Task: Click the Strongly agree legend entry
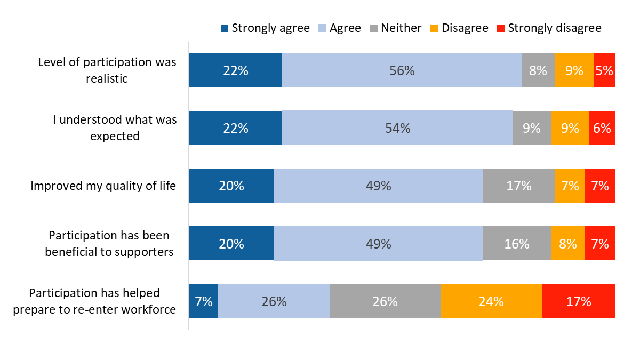click(x=265, y=28)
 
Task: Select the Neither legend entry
click(x=395, y=28)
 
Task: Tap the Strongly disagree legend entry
click(x=549, y=28)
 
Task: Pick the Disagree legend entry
click(x=459, y=28)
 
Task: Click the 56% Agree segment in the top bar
click(x=402, y=70)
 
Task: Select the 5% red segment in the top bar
click(x=604, y=70)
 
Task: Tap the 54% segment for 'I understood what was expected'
click(x=397, y=128)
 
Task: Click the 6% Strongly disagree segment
click(x=602, y=128)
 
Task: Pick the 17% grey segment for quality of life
click(x=519, y=186)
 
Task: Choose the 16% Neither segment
click(x=517, y=244)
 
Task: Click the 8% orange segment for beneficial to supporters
click(x=568, y=244)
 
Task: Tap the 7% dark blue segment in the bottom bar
click(x=204, y=301)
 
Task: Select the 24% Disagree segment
click(x=491, y=301)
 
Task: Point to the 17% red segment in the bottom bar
click(x=578, y=301)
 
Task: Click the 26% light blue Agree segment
click(x=274, y=301)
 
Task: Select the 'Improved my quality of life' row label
click(x=103, y=186)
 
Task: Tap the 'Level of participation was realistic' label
click(x=107, y=70)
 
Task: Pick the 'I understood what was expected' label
click(x=115, y=128)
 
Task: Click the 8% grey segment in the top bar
click(x=538, y=70)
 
